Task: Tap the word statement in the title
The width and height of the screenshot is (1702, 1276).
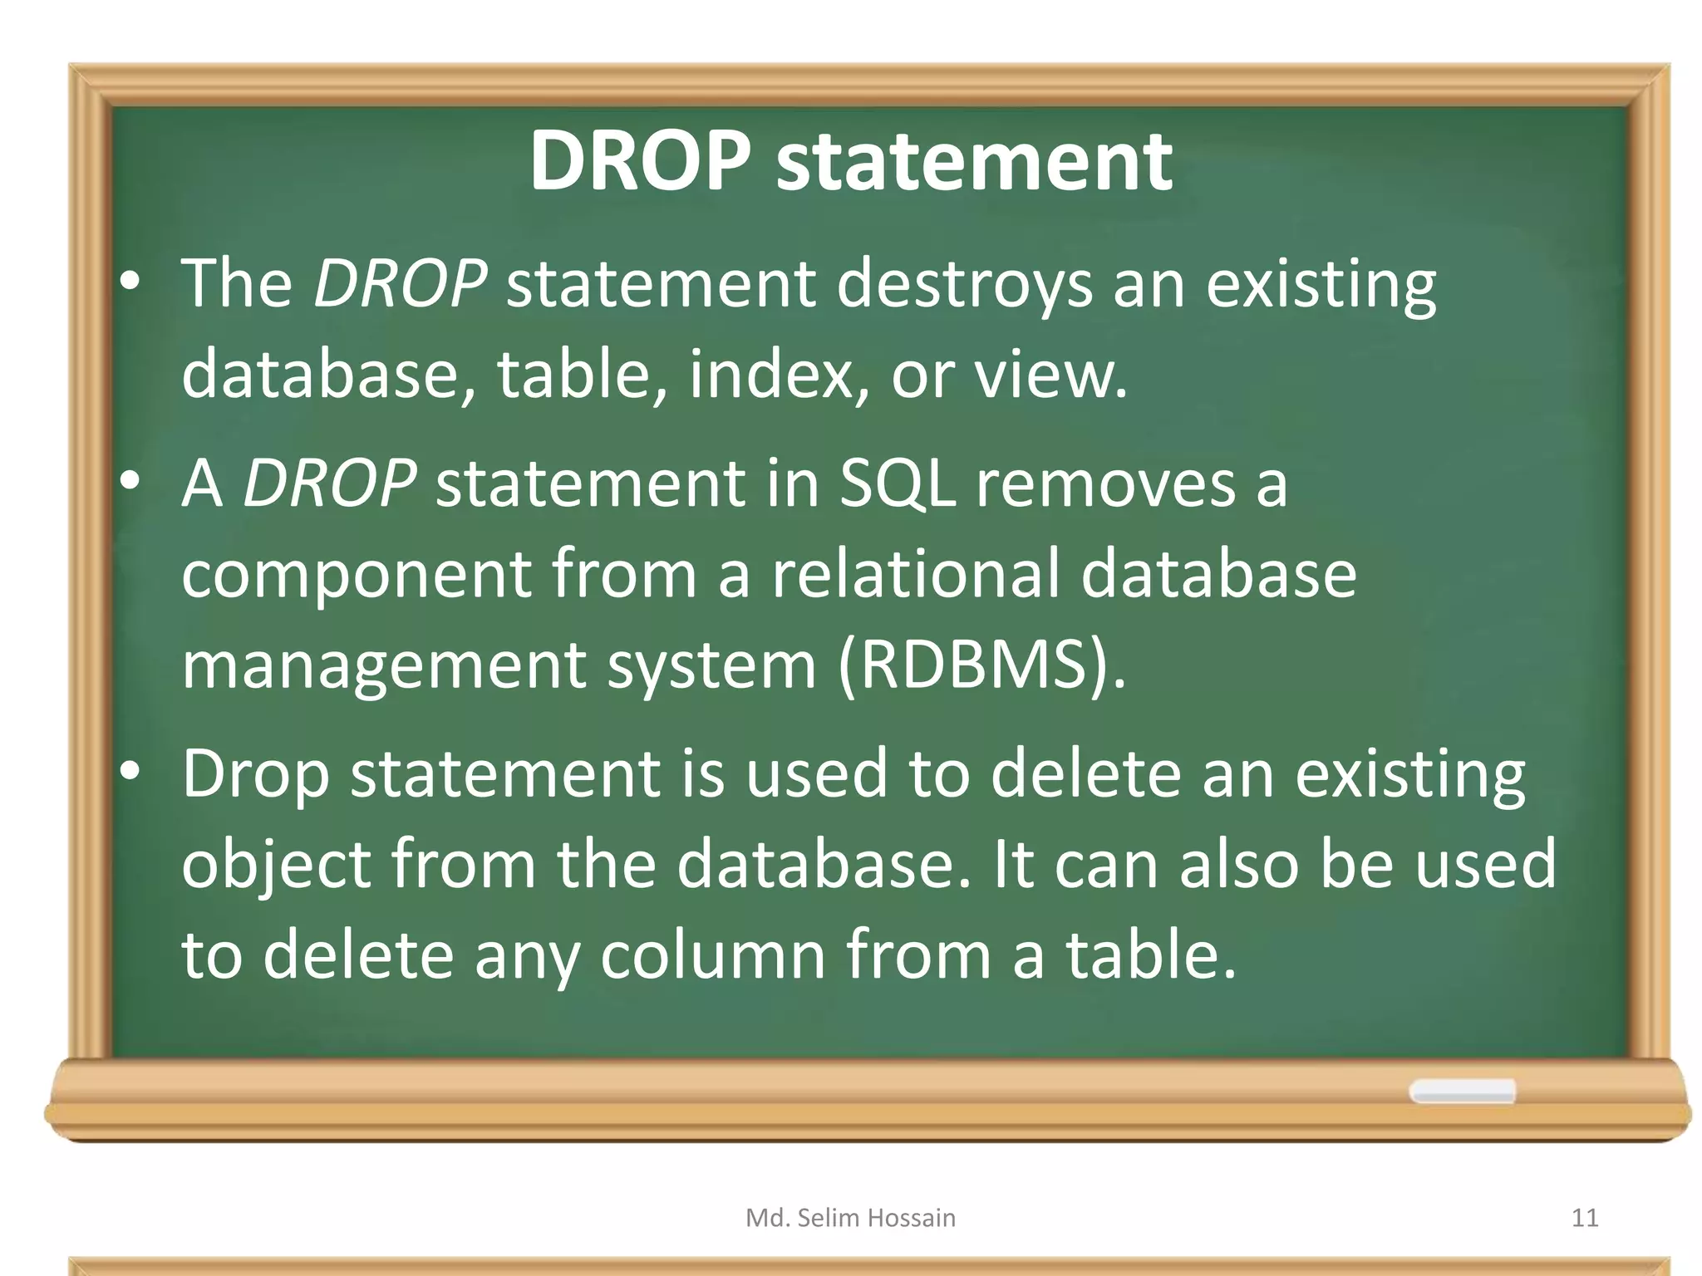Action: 973,162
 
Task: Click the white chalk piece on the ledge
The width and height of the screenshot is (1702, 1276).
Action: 1462,1092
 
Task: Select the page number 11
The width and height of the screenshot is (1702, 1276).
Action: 1585,1218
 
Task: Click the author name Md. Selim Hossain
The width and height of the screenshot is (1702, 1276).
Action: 850,1218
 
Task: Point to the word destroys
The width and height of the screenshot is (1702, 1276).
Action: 963,284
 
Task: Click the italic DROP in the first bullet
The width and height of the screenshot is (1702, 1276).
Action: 400,284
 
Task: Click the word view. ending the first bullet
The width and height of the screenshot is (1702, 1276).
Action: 1050,375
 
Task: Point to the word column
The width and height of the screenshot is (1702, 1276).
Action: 712,955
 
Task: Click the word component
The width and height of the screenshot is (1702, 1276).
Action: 356,575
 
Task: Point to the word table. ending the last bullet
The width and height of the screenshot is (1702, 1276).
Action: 1151,955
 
